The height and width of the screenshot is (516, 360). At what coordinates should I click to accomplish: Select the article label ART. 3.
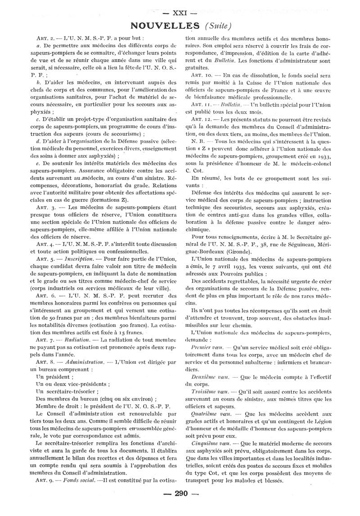point(46,208)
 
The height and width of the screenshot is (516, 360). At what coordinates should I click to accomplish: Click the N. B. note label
point(198,142)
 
